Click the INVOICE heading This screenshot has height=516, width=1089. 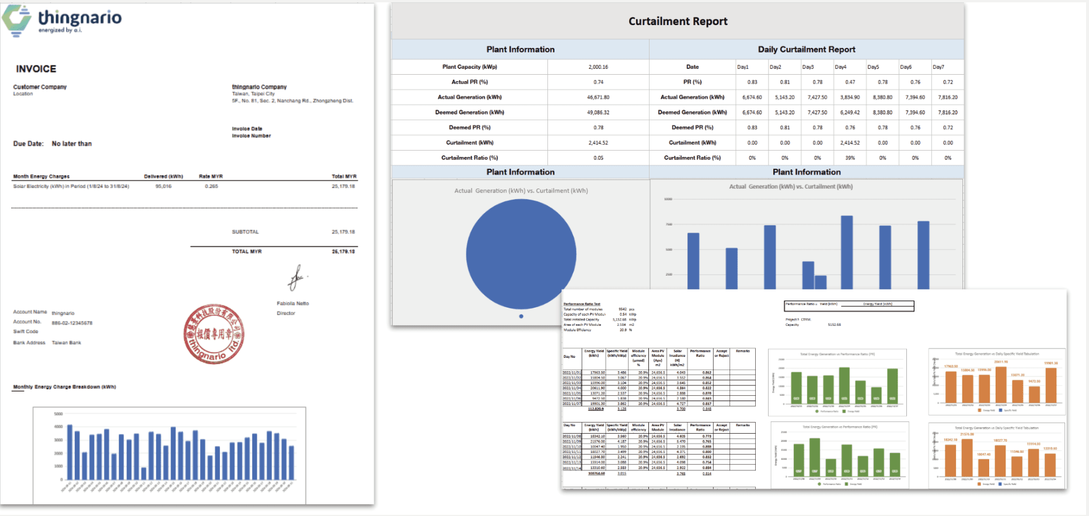(x=36, y=69)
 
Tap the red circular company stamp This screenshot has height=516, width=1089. (x=214, y=334)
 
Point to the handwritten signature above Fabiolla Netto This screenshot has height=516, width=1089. (x=296, y=277)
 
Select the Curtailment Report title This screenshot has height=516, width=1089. (x=678, y=22)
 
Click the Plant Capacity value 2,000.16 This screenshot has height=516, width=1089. (x=598, y=67)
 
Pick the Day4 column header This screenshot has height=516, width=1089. (x=840, y=67)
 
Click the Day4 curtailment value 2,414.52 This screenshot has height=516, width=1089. (x=850, y=143)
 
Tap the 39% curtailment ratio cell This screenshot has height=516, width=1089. (x=850, y=158)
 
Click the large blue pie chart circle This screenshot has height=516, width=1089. (x=521, y=254)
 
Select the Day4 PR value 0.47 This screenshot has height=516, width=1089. (x=850, y=82)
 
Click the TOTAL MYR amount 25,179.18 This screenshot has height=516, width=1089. (x=343, y=252)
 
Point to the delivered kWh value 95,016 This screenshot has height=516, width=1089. (x=163, y=187)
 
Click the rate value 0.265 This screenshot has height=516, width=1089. (x=211, y=187)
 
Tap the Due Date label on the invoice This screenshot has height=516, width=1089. (x=29, y=144)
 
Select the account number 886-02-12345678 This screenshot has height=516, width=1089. (x=72, y=323)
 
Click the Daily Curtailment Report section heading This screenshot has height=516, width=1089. (x=806, y=50)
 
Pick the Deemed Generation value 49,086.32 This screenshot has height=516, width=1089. (x=598, y=113)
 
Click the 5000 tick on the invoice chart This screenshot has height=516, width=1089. (x=58, y=414)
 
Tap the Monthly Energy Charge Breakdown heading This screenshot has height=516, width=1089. (x=65, y=387)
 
